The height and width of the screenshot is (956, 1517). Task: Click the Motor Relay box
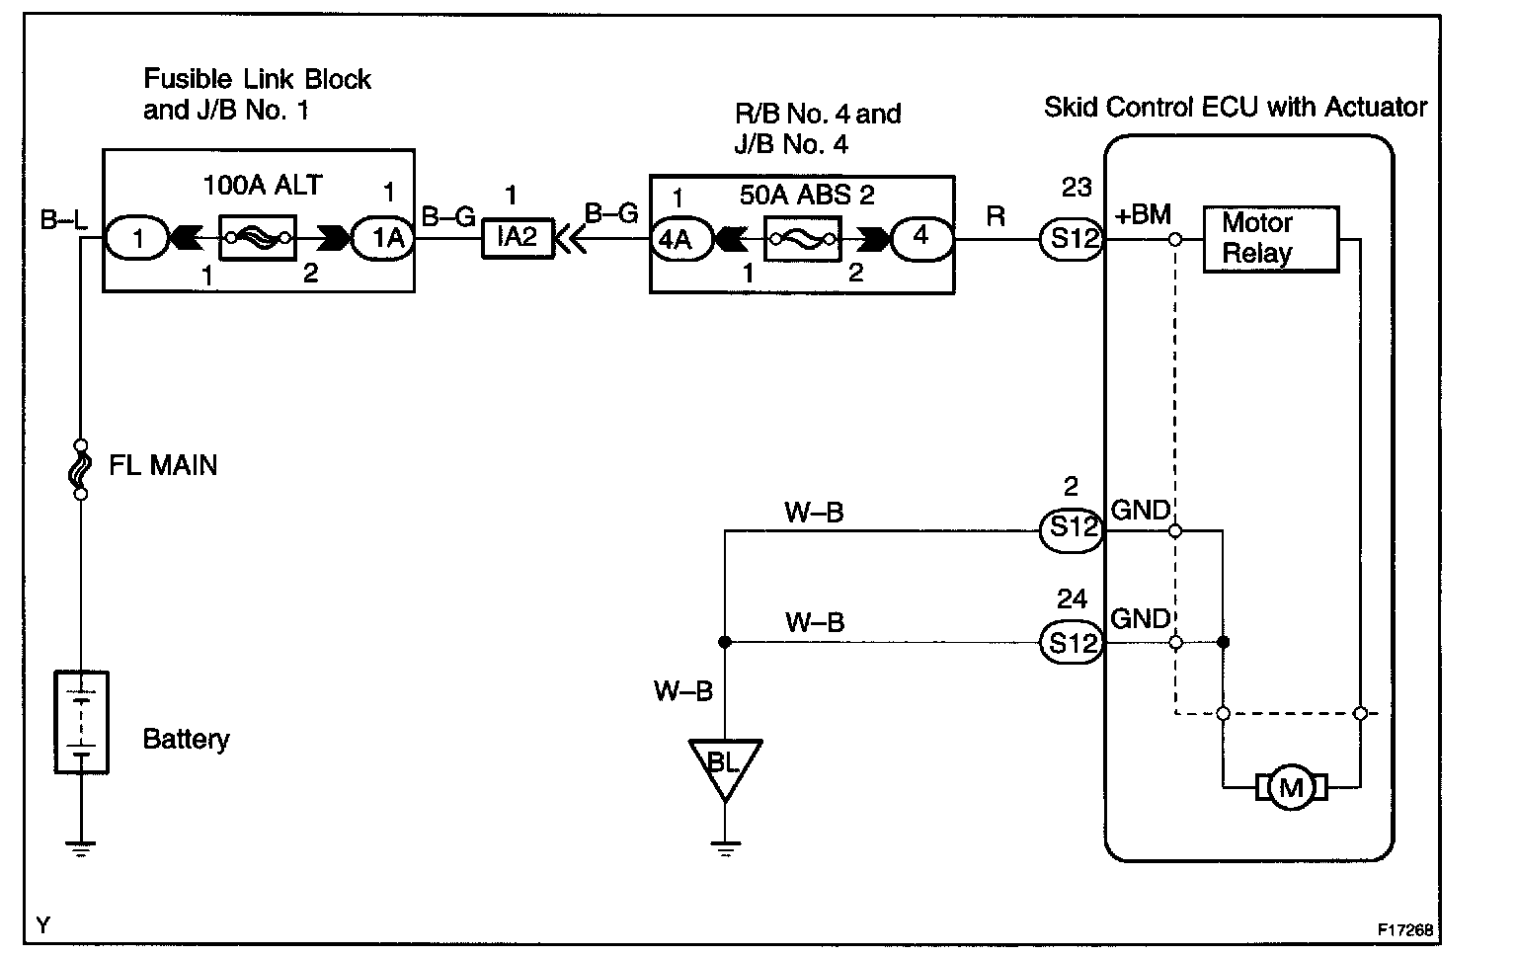tap(1270, 239)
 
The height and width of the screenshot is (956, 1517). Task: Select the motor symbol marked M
tap(1291, 787)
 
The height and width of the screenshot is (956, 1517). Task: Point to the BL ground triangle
tap(725, 765)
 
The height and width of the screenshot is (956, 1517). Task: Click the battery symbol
tap(81, 722)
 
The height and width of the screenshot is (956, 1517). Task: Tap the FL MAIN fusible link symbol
tap(81, 468)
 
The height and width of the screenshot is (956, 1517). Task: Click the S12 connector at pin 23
tap(1071, 239)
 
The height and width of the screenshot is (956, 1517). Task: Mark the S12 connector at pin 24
tap(1071, 643)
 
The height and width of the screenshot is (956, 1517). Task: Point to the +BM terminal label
tap(1143, 215)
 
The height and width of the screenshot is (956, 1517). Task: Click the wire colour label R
tap(997, 216)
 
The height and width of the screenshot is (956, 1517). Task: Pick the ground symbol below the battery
tap(81, 845)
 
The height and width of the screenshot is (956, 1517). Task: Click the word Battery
tap(186, 739)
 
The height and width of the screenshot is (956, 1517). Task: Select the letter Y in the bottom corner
tap(42, 925)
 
